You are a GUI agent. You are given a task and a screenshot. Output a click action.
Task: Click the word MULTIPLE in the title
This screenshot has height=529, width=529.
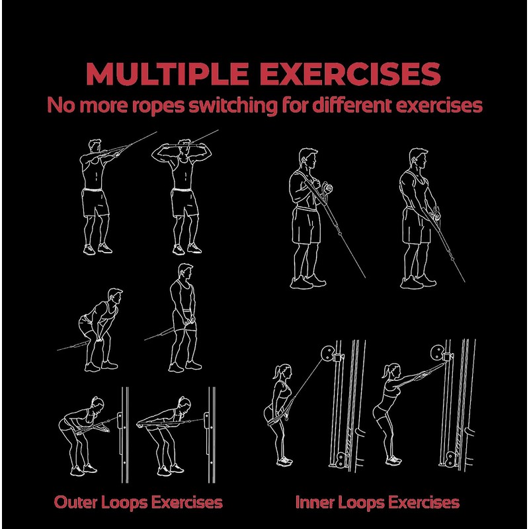pos(167,73)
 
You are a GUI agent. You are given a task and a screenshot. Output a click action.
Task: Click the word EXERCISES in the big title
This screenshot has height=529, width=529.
pos(350,73)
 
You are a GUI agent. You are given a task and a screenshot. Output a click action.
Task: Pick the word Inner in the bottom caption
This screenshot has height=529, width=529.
pos(315,503)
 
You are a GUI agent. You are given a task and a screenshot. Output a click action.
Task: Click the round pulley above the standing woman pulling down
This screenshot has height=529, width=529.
pos(327,353)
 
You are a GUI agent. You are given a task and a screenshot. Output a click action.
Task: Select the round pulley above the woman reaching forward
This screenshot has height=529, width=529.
pos(438,352)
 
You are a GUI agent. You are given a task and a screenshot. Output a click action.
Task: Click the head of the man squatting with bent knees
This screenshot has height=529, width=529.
pos(115,296)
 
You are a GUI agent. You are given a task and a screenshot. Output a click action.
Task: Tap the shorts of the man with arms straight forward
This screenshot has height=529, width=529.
pos(96,202)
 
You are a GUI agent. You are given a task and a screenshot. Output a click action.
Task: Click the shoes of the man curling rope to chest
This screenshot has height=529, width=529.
pos(307,282)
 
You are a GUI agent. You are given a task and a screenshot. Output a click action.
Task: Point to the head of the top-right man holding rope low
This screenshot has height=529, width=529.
pos(419,159)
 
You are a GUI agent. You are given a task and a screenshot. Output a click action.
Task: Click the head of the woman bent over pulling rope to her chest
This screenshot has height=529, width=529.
pos(97,403)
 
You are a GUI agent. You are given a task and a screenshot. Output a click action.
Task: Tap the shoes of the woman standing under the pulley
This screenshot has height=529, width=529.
pos(284,460)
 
